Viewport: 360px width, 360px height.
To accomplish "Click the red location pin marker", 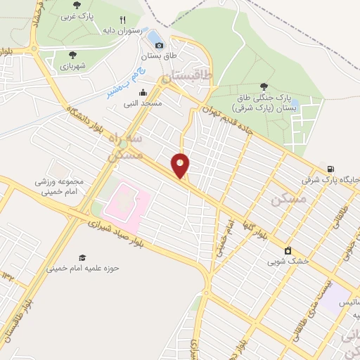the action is (181, 166).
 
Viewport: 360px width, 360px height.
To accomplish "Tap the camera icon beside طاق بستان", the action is (159, 45).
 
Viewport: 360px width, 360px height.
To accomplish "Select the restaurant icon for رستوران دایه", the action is (122, 20).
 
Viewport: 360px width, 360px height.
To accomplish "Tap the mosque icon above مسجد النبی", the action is (143, 92).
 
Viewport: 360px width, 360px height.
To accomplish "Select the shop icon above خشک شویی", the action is (287, 250).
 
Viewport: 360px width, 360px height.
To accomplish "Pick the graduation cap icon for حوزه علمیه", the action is (82, 257).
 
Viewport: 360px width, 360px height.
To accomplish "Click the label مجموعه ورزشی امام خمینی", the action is (60, 186).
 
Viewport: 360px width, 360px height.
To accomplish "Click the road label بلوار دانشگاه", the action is (85, 112).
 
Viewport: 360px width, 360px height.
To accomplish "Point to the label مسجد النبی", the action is (143, 103).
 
